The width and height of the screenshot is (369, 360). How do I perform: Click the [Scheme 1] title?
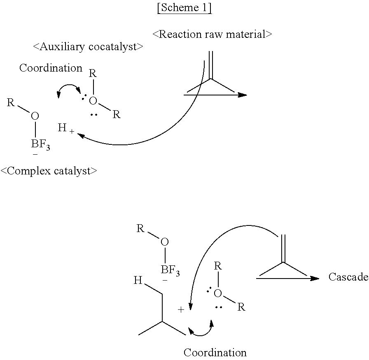184,9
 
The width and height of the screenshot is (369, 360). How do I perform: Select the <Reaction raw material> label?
212,34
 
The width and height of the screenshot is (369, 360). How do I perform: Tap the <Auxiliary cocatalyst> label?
88,47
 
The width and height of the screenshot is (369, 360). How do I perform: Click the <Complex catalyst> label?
49,171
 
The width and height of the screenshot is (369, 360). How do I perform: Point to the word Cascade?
348,277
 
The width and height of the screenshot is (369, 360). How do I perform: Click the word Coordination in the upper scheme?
51,68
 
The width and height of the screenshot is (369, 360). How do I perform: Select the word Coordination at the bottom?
215,353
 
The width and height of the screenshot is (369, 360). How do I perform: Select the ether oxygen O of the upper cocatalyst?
93,101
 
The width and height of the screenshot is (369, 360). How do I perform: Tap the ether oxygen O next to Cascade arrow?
218,293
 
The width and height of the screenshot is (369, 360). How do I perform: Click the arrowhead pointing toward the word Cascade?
315,278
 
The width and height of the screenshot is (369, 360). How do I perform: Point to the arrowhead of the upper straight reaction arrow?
243,95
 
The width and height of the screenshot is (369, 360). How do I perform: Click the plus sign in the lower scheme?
181,310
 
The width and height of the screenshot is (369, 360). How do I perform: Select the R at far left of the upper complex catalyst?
11,102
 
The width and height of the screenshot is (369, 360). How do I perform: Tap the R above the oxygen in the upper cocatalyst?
93,74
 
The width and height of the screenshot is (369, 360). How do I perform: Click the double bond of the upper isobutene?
211,64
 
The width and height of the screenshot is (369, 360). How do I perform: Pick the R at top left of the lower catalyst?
140,228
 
